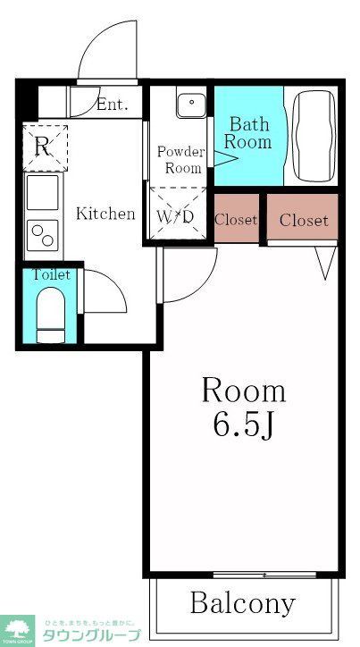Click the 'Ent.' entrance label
point(112,105)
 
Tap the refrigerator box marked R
point(42,148)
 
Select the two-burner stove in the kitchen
point(42,233)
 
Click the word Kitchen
point(105,214)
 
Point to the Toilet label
point(51,275)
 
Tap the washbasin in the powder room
point(190,105)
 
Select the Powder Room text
point(180,160)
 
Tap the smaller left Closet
point(236,219)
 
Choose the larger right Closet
point(304,220)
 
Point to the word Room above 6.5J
point(243,390)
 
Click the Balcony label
point(242,602)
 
